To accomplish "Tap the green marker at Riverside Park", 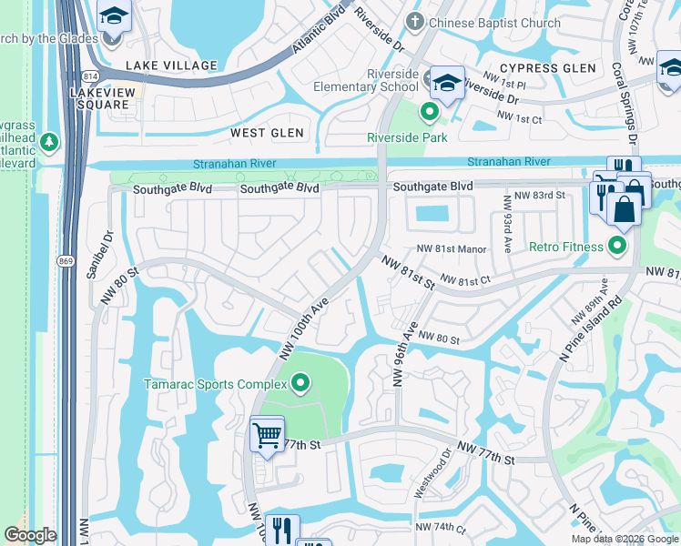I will point(429,112).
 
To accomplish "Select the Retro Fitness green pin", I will point(617,247).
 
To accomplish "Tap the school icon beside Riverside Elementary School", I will point(447,82).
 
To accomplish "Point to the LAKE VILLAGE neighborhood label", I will point(171,66).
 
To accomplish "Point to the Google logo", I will point(30,535).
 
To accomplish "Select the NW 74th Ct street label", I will point(440,529).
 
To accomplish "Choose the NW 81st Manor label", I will point(452,249).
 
